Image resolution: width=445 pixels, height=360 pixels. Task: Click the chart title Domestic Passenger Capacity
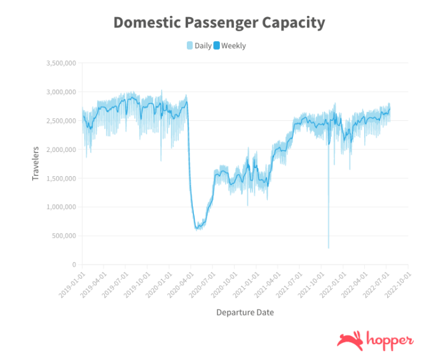pyautogui.click(x=219, y=23)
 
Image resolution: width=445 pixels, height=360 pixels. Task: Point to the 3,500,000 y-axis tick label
pyautogui.click(x=62, y=64)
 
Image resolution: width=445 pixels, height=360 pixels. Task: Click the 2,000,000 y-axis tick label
pyautogui.click(x=62, y=149)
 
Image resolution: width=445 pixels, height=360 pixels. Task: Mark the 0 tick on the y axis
pyautogui.click(x=74, y=265)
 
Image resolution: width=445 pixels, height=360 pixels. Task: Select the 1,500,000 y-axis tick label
pyautogui.click(x=62, y=178)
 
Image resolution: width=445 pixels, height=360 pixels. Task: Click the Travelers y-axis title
pyautogui.click(x=36, y=163)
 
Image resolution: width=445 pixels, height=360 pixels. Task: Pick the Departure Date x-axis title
pyautogui.click(x=245, y=312)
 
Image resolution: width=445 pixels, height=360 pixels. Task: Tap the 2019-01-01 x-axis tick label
pyautogui.click(x=72, y=282)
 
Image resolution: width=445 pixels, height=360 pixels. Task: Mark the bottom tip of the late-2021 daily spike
pyautogui.click(x=329, y=247)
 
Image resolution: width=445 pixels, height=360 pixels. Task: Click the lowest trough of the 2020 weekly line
pyautogui.click(x=198, y=227)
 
